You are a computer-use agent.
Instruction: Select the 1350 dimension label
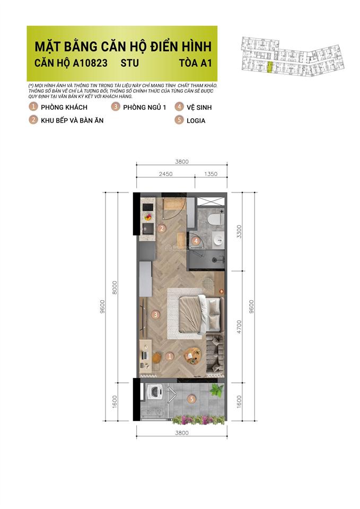[211, 173]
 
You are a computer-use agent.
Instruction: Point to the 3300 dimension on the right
[239, 232]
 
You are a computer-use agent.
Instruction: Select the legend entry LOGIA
[196, 120]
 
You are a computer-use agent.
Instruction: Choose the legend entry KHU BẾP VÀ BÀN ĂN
[72, 120]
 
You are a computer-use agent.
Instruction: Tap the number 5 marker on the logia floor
[192, 399]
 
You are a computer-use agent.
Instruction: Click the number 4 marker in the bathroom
[196, 241]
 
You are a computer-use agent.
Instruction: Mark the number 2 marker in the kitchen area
[163, 229]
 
